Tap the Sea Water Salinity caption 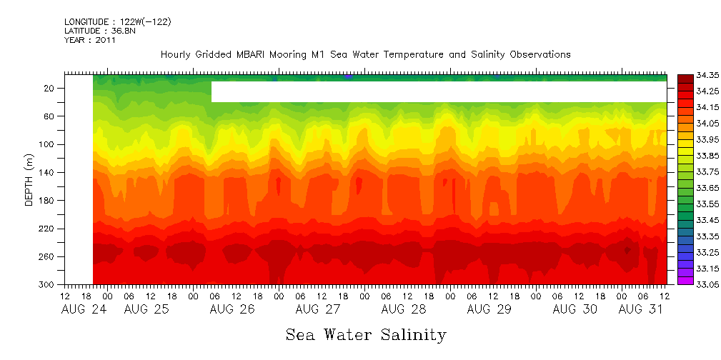pos(366,334)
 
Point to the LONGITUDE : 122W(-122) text pos(117,22)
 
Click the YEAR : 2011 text pos(89,40)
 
